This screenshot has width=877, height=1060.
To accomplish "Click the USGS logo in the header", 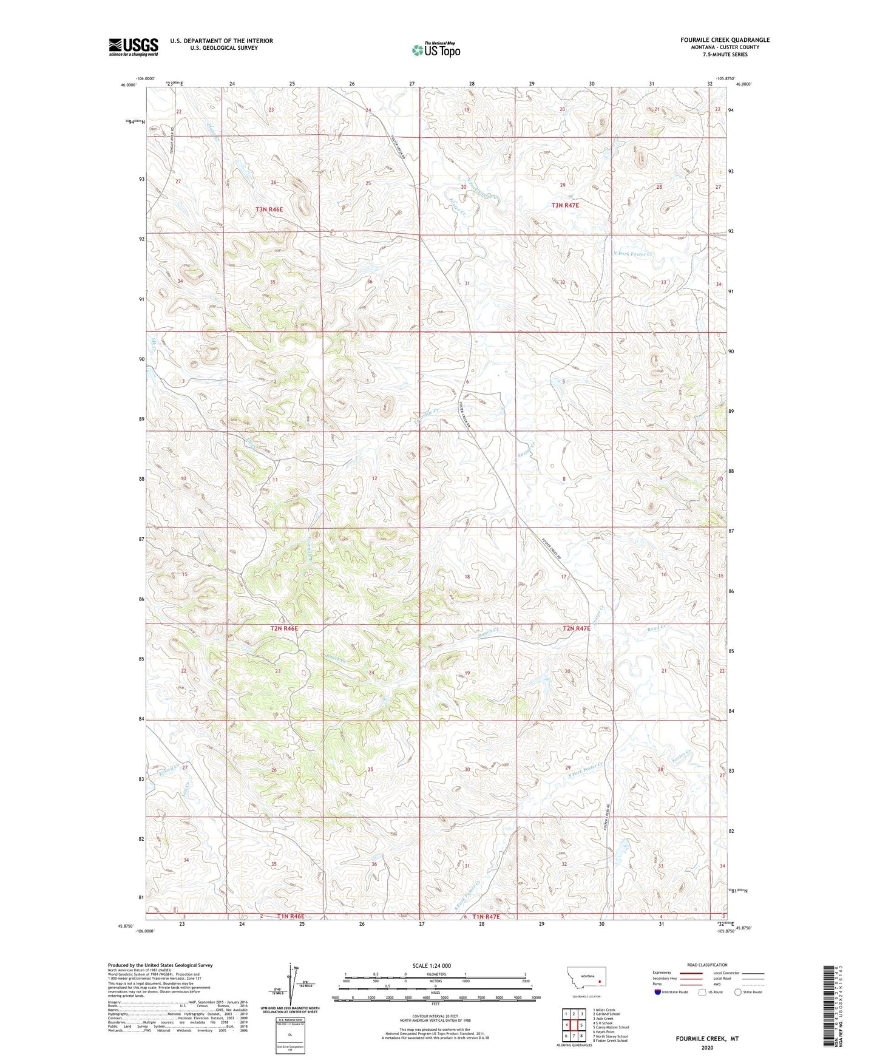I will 134,47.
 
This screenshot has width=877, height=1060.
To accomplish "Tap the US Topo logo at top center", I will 435,49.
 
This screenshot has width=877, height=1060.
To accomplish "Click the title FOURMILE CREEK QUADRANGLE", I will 725,40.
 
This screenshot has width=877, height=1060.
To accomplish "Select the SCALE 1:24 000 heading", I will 432,966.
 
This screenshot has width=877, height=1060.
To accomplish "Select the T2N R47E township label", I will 576,628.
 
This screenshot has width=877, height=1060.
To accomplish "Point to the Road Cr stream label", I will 657,629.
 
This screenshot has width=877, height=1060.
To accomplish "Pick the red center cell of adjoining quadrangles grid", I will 574,1025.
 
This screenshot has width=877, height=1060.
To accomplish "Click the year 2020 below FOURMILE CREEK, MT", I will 707,1048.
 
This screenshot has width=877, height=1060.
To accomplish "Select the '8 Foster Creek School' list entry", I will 610,1041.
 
